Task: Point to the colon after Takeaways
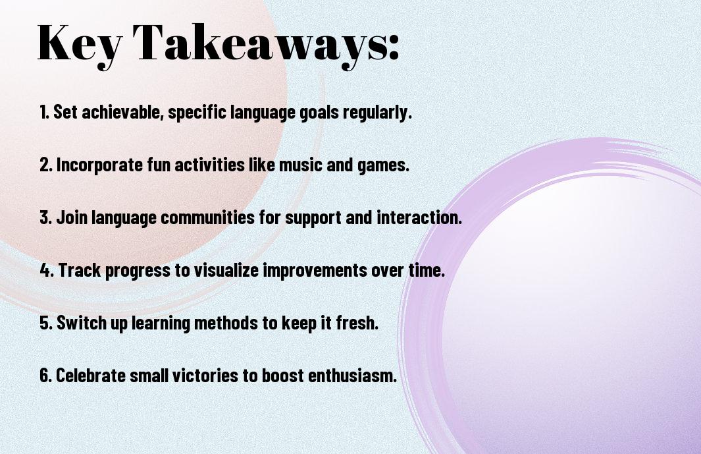point(394,47)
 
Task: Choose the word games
point(383,165)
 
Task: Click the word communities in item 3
point(208,217)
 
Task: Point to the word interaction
point(419,217)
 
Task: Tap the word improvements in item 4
point(315,271)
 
